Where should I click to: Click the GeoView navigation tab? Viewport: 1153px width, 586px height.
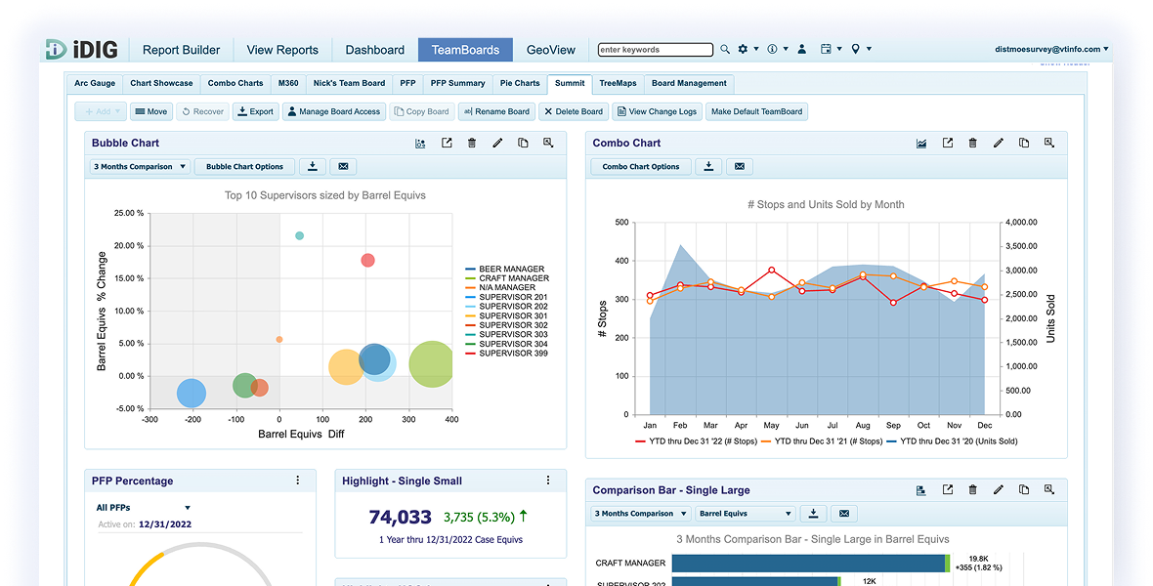coord(551,50)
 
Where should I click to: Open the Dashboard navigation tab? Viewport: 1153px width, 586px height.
coord(374,50)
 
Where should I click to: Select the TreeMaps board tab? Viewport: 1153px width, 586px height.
coord(618,84)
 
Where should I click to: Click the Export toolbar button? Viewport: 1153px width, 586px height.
coord(255,112)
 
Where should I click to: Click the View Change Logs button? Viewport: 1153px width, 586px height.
coord(657,112)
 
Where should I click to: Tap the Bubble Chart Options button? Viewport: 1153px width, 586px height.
coord(244,167)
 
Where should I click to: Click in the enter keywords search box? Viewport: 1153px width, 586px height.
coord(656,50)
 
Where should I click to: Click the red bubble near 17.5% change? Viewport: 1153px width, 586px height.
coord(367,261)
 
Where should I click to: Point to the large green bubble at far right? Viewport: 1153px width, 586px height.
coord(431,365)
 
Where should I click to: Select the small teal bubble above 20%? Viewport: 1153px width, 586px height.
coord(299,235)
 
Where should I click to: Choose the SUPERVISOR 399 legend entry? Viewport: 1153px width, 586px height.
coord(507,354)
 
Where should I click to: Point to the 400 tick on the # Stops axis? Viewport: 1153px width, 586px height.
coord(621,261)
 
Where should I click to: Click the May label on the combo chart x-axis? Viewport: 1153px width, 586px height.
coord(771,426)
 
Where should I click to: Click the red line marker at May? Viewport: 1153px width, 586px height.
coord(771,271)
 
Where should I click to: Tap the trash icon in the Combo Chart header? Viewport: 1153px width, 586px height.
coord(972,144)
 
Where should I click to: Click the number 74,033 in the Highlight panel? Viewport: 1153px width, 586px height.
coord(400,518)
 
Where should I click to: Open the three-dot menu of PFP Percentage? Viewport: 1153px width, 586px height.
coord(298,481)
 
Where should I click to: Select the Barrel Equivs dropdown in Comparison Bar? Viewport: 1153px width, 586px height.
coord(746,514)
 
